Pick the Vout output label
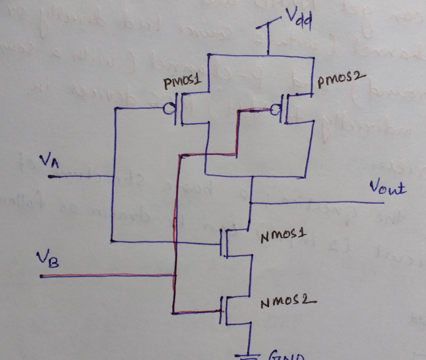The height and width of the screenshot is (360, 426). (387, 188)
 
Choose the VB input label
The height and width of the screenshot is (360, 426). (52, 261)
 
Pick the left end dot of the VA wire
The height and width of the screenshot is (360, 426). (50, 177)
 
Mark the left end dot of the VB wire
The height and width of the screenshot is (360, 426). (42, 276)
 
